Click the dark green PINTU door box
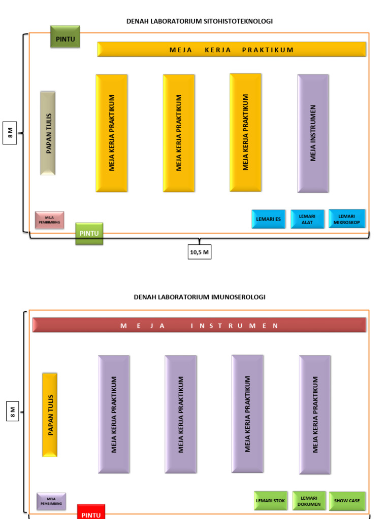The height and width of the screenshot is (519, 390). coord(65,36)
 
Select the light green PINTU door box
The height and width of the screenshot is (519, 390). coord(89,233)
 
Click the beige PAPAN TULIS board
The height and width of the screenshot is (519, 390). coord(48,133)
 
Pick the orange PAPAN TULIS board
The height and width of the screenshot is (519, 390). coord(50,415)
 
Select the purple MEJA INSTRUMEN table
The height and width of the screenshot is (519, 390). coord(313,133)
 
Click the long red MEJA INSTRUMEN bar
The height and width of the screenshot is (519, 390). coord(199,325)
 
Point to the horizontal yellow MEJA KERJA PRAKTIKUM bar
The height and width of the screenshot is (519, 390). coord(232,49)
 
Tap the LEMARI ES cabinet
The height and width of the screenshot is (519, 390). coord(268,219)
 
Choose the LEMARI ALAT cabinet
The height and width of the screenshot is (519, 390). coord(307,219)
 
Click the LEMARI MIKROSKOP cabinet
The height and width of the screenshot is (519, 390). coord(347,218)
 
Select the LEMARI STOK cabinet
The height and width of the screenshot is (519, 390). coord(271,501)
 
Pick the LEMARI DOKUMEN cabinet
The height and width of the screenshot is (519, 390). coord(309,501)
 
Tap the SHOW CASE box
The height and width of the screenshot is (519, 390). coord(347,501)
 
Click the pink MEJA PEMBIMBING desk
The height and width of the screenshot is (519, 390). coord(49,220)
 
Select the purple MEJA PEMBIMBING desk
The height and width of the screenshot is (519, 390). coord(51,501)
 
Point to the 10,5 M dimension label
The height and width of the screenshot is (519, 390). coord(199,251)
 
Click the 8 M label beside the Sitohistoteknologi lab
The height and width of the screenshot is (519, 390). coord(10,133)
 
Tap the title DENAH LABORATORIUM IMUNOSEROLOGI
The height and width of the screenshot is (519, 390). coord(200,297)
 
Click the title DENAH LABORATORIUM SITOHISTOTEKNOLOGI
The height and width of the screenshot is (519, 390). coord(200,21)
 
